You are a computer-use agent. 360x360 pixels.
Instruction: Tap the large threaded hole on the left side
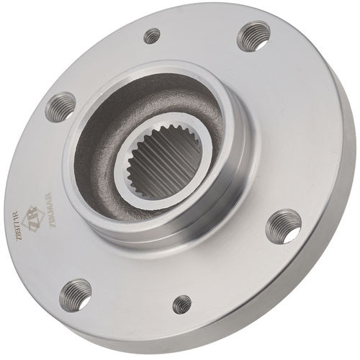[60, 107]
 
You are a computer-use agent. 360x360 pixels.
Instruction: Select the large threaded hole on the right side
[283, 225]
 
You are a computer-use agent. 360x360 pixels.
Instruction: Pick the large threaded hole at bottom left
[76, 294]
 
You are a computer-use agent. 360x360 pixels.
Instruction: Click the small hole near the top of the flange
[152, 35]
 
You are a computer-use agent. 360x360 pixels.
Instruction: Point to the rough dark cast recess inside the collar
[108, 130]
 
